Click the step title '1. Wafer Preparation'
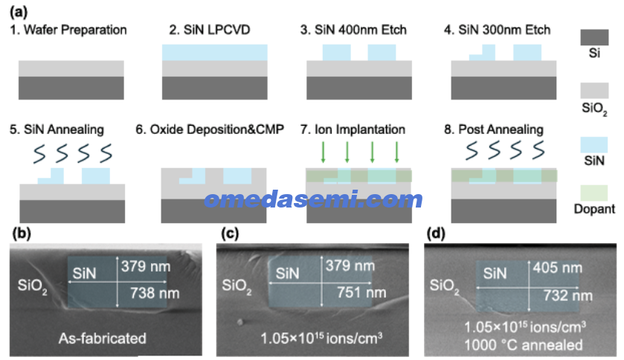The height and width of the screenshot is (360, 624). [68, 30]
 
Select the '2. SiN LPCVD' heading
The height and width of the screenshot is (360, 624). [210, 30]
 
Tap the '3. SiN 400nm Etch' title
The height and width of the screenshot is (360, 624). [353, 30]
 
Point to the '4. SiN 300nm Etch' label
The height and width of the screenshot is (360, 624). [497, 30]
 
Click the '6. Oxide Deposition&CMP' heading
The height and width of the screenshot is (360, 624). [210, 129]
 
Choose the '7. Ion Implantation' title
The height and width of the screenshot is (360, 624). [353, 129]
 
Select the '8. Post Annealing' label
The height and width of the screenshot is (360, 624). [493, 129]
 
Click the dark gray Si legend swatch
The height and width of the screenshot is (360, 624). [594, 37]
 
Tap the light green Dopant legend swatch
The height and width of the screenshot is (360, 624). [594, 193]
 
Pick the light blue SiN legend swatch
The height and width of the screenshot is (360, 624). [594, 145]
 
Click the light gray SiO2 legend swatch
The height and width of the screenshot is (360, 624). [594, 90]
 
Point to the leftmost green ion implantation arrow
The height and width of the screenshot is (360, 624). [323, 152]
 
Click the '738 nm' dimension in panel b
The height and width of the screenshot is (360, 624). [155, 294]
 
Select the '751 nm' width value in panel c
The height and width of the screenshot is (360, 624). [361, 293]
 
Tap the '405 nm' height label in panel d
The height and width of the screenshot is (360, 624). [558, 268]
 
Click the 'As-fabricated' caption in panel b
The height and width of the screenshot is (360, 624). [103, 338]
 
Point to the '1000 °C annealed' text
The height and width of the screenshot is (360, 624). [524, 345]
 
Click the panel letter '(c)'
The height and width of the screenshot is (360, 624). [230, 233]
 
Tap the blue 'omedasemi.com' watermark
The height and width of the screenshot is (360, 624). [313, 199]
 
